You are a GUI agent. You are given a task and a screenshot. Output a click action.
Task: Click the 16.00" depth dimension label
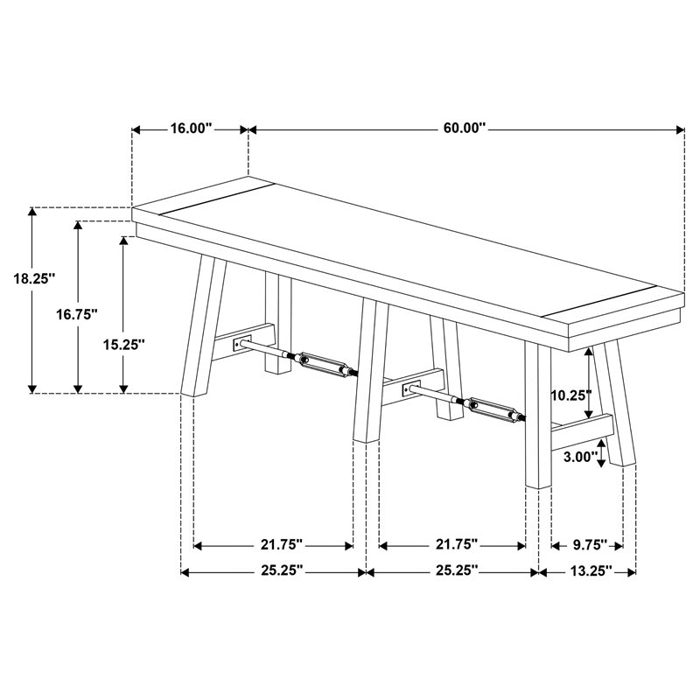[190, 129]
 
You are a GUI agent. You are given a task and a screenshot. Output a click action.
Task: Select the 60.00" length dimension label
[464, 129]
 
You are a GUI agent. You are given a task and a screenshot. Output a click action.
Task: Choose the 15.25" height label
[123, 345]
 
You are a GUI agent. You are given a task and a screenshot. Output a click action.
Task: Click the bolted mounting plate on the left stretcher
[242, 344]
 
